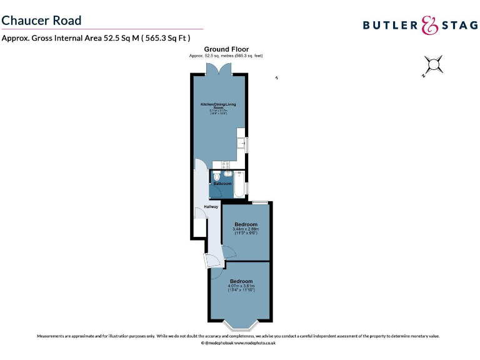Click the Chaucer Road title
pos(41,20)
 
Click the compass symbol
pos(433,65)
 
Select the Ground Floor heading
pos(226,49)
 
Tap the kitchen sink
pos(241,144)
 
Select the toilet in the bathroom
pos(217,177)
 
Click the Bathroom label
pos(223,184)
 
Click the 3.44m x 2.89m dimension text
pos(246,229)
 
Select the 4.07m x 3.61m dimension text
pos(241,286)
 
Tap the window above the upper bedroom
pos(260,202)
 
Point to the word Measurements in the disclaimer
pos(52,336)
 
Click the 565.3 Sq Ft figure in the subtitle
pos(167,37)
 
